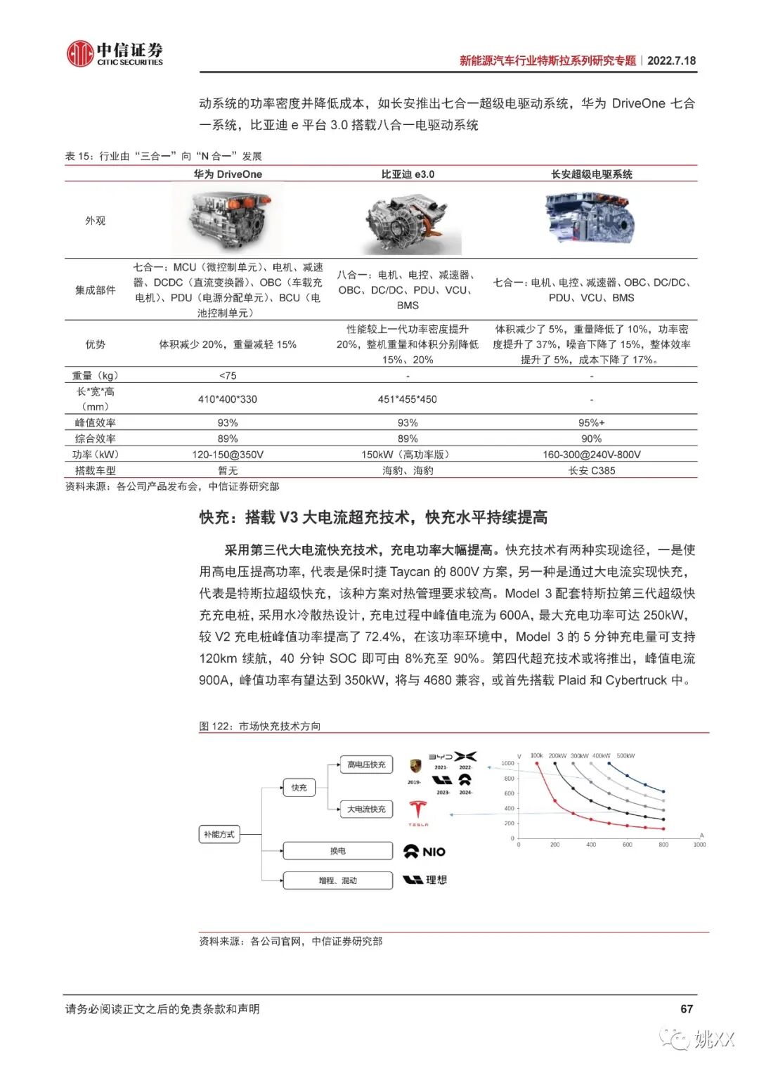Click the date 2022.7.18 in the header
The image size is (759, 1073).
[x=671, y=60]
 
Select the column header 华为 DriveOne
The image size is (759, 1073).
[x=228, y=174]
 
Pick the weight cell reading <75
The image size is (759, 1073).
[x=228, y=376]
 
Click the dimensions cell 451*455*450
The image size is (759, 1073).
[x=408, y=399]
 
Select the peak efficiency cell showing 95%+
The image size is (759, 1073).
[x=591, y=423]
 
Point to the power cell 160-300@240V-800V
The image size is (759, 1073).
[x=591, y=455]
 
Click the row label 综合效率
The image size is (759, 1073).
[x=96, y=438]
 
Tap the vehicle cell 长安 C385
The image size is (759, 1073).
[x=591, y=471]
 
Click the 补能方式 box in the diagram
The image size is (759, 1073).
[x=219, y=834]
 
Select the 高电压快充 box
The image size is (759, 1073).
[x=366, y=765]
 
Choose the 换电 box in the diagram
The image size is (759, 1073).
[x=338, y=851]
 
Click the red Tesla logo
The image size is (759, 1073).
[x=418, y=811]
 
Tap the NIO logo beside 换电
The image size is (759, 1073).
[x=424, y=852]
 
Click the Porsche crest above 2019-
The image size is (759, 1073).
[x=415, y=766]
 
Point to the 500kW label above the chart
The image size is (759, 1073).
[x=625, y=756]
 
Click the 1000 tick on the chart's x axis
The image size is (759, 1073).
[x=699, y=845]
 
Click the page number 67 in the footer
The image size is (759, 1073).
[x=687, y=1009]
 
